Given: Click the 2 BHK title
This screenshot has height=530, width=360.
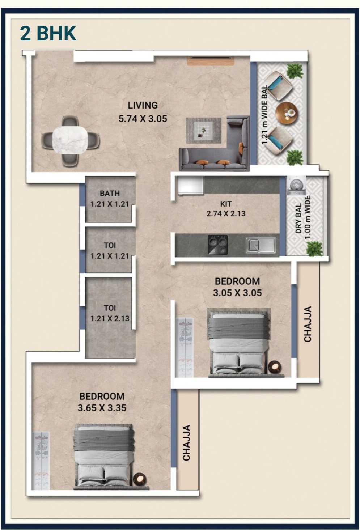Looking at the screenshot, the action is click(48, 33).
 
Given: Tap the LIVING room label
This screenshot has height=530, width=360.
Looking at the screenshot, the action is click(143, 105).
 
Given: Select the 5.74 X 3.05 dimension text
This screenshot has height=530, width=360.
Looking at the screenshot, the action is click(143, 119).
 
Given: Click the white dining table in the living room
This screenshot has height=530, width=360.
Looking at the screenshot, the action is click(69, 140).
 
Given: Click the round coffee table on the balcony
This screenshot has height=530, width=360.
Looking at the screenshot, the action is click(287, 113).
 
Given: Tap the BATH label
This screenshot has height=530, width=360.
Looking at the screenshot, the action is click(110, 193).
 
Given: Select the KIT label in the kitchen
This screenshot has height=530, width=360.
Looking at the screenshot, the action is click(226, 203).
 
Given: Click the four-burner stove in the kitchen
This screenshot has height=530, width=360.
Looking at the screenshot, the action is click(218, 245).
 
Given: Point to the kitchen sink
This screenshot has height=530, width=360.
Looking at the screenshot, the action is click(261, 245).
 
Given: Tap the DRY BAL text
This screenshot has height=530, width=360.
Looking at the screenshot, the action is click(298, 219).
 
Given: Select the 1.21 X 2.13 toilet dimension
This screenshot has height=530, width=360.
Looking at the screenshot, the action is click(110, 318).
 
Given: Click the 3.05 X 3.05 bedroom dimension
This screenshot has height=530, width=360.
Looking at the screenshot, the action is click(237, 293).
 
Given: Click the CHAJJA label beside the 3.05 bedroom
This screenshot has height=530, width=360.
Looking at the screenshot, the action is click(308, 324).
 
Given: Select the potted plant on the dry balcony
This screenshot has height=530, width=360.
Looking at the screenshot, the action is click(314, 249).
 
